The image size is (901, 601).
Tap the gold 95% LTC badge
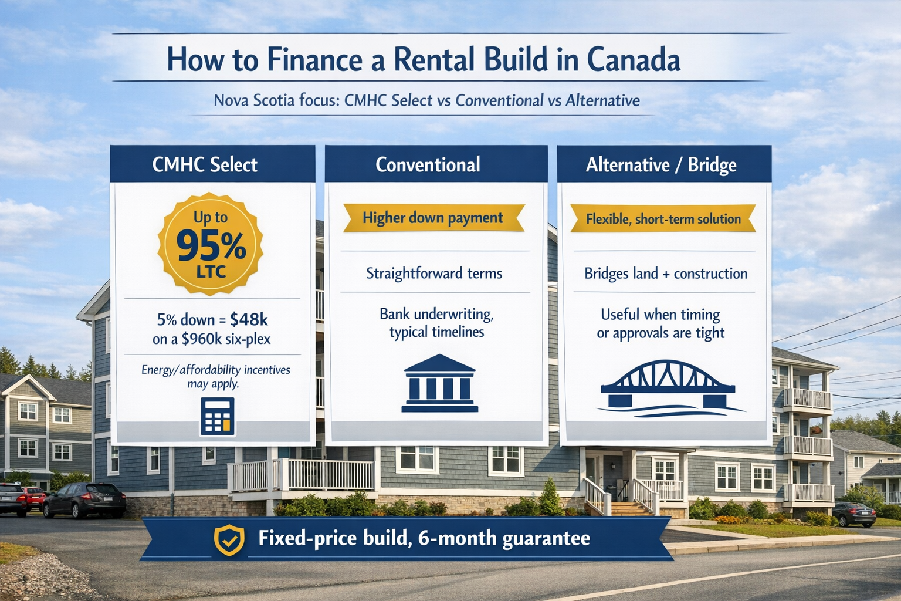(211, 244)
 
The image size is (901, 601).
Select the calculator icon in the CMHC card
(217, 417)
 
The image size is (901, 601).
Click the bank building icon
(439, 383)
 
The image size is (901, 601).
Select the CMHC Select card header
(212, 164)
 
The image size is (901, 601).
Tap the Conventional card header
(436, 164)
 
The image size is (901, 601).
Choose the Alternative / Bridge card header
(664, 164)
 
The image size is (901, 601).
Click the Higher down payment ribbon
(433, 218)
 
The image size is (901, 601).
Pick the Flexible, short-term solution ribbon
(663, 218)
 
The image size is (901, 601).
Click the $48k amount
(249, 320)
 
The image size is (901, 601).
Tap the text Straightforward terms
(434, 274)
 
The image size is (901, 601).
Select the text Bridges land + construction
(666, 274)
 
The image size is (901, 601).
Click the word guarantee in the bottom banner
(546, 539)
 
